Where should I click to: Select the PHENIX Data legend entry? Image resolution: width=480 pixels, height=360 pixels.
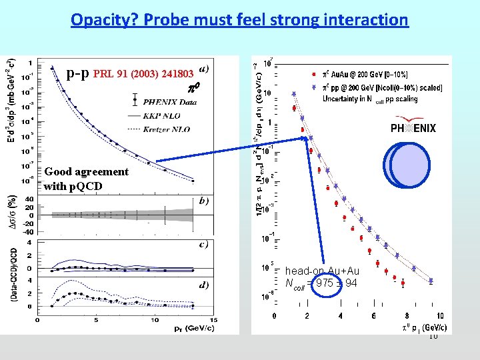click(x=170, y=102)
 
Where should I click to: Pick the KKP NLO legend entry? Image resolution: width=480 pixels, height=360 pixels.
click(x=163, y=115)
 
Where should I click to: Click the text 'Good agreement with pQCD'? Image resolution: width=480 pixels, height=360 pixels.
click(x=86, y=179)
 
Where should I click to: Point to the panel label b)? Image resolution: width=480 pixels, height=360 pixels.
click(x=203, y=199)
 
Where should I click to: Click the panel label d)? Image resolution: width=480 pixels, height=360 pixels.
click(x=203, y=285)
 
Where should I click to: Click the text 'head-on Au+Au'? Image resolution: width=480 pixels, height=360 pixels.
click(x=322, y=271)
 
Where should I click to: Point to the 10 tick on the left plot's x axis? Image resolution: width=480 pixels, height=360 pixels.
click(x=155, y=319)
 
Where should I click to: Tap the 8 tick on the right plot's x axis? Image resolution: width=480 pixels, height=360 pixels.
click(x=406, y=316)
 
